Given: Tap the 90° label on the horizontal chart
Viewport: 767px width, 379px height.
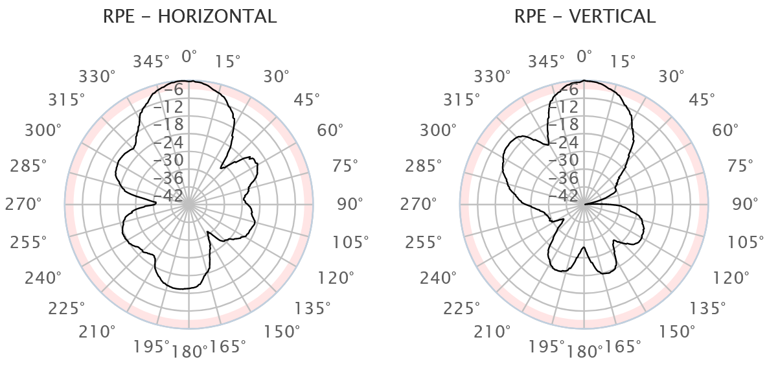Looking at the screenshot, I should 350,204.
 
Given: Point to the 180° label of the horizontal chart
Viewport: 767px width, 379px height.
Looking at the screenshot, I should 190,352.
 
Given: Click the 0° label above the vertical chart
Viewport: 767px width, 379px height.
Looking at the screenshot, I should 584,56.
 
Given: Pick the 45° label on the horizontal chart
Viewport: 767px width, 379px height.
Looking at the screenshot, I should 307,100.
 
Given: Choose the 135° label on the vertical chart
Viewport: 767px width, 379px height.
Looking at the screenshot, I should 704,308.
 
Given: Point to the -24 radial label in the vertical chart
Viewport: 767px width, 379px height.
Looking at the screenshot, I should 568,143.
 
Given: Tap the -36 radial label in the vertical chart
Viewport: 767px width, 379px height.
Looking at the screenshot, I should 568,178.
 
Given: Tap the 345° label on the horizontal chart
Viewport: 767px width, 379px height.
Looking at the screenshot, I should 152,62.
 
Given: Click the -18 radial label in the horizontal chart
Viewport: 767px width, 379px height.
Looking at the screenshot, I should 172,124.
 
